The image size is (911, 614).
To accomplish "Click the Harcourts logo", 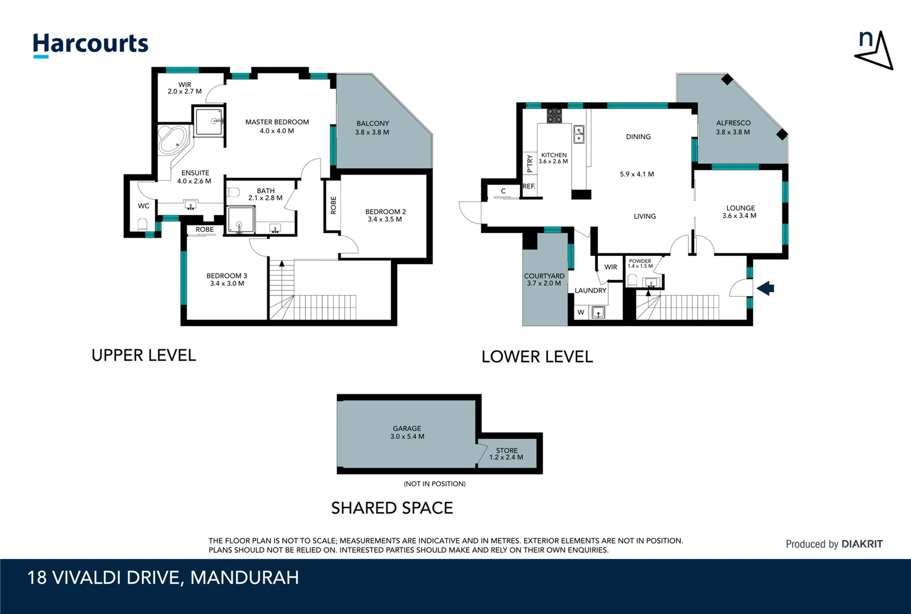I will (90, 44).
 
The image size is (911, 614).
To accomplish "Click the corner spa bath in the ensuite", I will (173, 139).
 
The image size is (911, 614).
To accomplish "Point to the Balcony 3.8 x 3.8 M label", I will (372, 128).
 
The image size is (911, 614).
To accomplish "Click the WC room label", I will (143, 206).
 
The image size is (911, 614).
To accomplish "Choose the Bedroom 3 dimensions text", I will (227, 284).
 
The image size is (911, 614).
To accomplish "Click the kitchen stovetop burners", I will (554, 115).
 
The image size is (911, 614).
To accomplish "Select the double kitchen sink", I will (579, 134).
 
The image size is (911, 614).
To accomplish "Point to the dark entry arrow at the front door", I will (766, 288).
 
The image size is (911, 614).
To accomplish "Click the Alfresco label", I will (733, 123).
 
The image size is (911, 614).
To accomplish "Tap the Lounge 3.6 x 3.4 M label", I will (739, 211).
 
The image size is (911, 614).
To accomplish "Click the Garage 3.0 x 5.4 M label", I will (407, 433).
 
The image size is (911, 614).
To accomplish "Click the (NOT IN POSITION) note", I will (434, 484).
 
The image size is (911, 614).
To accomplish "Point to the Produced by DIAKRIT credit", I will (834, 544).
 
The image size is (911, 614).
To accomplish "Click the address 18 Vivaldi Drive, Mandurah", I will (163, 578).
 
